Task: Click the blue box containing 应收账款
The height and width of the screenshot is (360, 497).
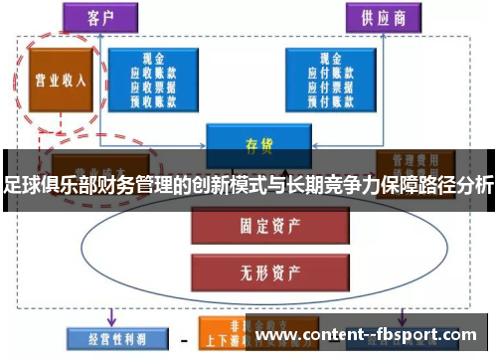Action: click(152, 79)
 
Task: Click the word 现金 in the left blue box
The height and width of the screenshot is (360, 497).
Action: click(152, 58)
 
